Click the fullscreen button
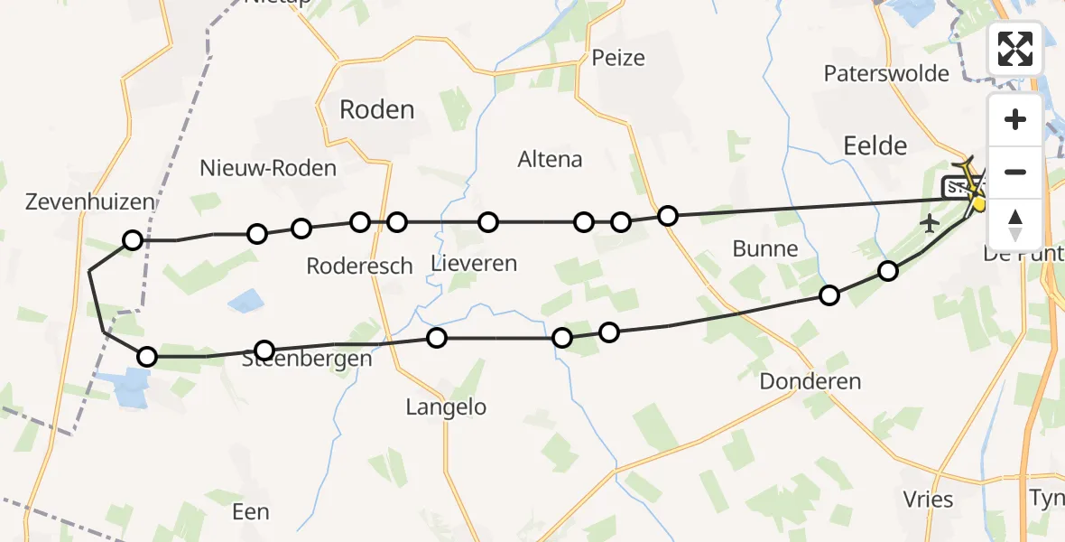pyautogui.click(x=1015, y=48)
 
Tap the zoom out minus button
pyautogui.click(x=1015, y=172)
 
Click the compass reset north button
pyautogui.click(x=1015, y=224)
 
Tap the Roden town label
pyautogui.click(x=376, y=110)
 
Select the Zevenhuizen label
pyautogui.click(x=90, y=202)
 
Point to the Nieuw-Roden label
pyautogui.click(x=268, y=168)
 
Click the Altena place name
pyautogui.click(x=550, y=160)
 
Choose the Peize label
pyautogui.click(x=618, y=59)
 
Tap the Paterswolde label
pyautogui.click(x=886, y=74)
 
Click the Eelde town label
pyautogui.click(x=874, y=145)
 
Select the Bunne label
pyautogui.click(x=765, y=248)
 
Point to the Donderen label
pyautogui.click(x=810, y=381)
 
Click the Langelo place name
pyautogui.click(x=445, y=407)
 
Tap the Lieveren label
pyautogui.click(x=474, y=264)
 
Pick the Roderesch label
pyautogui.click(x=359, y=266)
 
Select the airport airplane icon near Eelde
pyautogui.click(x=930, y=222)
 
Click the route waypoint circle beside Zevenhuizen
pyautogui.click(x=133, y=240)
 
